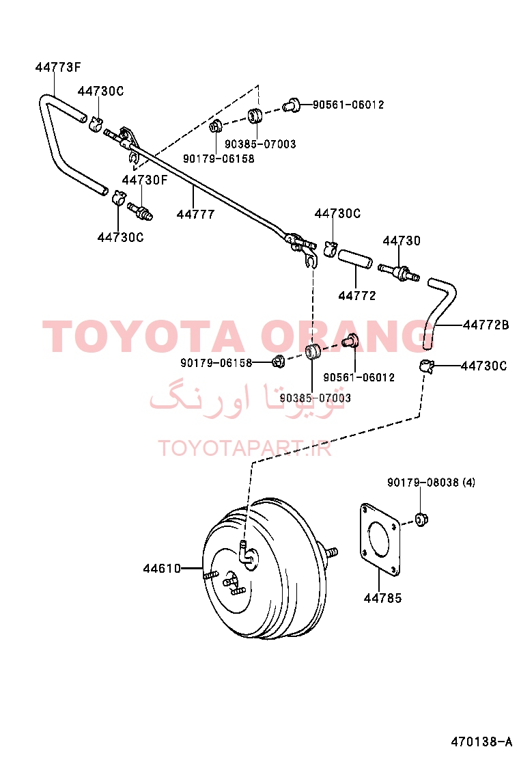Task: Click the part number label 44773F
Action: click(57, 67)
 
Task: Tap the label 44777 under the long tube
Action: click(195, 214)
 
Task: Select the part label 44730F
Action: click(145, 180)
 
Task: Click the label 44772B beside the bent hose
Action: click(486, 325)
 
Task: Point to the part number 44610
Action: click(162, 568)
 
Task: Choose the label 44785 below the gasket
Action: click(382, 598)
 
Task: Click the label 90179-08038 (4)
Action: click(431, 483)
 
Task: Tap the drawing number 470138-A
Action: click(481, 742)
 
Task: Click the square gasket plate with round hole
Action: click(380, 539)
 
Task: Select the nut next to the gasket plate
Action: click(422, 519)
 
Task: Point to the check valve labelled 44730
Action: click(399, 272)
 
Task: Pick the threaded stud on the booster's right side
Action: click(331, 552)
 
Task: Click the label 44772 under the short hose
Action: click(356, 295)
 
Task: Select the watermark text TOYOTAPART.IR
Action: click(244, 448)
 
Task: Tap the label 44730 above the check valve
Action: click(402, 241)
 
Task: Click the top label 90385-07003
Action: click(260, 144)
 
